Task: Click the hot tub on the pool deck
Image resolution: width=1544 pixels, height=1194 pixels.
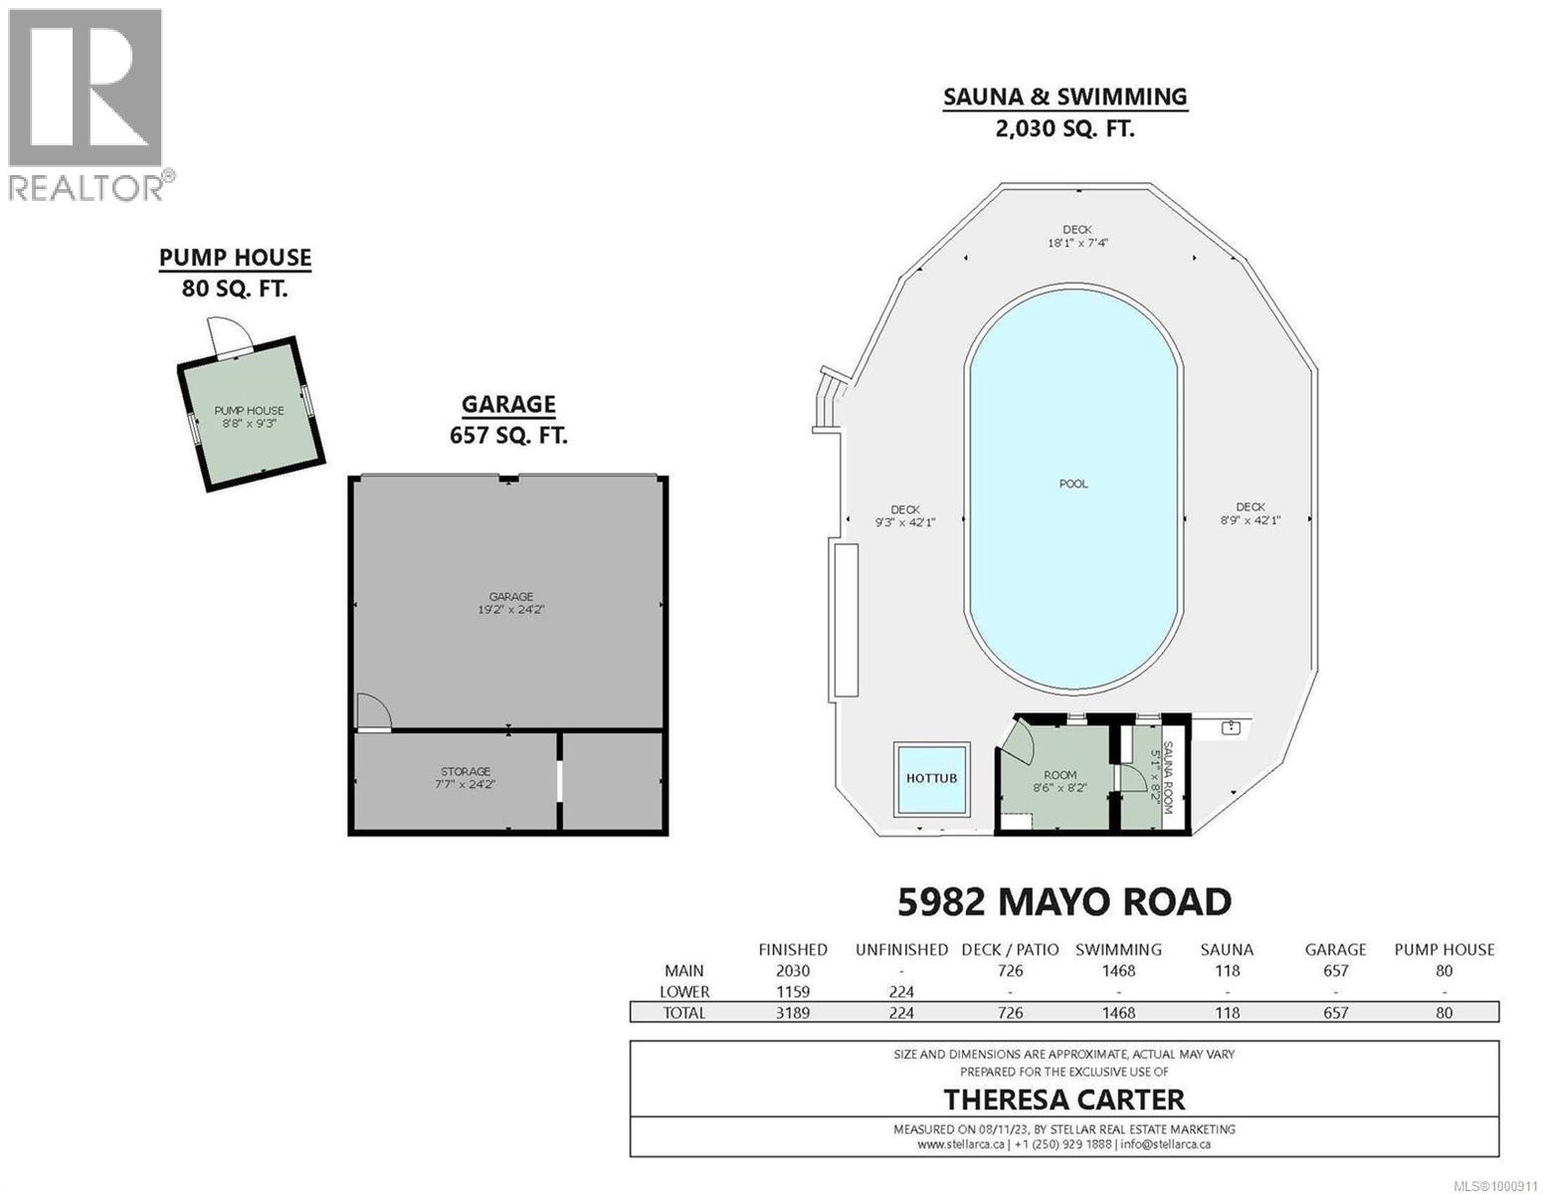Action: [x=931, y=777]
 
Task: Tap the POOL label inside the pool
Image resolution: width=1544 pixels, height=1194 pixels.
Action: [x=1073, y=485]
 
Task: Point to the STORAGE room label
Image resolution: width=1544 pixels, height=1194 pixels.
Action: [x=466, y=772]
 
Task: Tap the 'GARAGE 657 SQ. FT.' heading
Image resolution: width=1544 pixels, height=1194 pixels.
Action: [x=508, y=419]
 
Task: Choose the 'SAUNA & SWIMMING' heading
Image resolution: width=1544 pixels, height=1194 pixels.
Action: [x=1064, y=98]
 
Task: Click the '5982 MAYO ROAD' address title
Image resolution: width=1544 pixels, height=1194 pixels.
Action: [x=1064, y=902]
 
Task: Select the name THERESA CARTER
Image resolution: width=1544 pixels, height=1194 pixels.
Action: [x=1064, y=1099]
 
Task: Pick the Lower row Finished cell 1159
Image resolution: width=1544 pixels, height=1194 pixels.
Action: [x=793, y=992]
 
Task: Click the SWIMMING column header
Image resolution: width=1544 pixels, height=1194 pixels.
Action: [x=1118, y=950]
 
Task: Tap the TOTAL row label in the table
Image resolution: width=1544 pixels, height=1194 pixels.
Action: [x=683, y=1013]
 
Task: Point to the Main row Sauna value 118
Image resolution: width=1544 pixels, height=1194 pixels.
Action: [x=1227, y=971]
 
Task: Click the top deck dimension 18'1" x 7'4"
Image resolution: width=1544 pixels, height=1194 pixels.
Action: [x=1069, y=243]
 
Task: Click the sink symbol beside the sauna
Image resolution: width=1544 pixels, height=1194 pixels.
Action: [x=1232, y=727]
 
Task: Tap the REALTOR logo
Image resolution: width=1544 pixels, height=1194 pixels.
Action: [x=88, y=103]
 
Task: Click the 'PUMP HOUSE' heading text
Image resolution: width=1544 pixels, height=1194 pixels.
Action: [x=236, y=259]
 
